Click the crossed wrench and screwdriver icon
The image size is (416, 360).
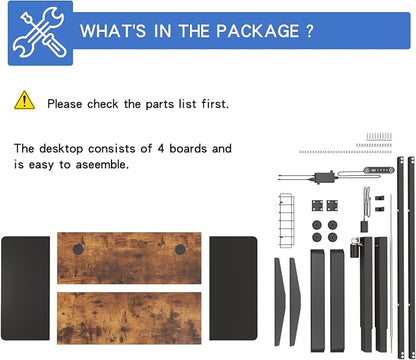[40, 33]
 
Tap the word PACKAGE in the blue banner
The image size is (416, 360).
[257, 31]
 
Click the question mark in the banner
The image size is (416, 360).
[309, 31]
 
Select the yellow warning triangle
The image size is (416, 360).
[24, 100]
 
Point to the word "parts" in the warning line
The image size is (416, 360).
[160, 104]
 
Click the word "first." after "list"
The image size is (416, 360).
[215, 104]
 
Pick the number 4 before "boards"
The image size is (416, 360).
[161, 148]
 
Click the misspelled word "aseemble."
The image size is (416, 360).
[102, 165]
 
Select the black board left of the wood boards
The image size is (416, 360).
[26, 288]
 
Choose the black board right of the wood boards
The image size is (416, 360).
[233, 288]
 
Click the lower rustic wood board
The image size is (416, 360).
[129, 318]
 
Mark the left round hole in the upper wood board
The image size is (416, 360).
[78, 249]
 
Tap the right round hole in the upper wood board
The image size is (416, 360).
[180, 249]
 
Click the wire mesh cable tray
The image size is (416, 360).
[287, 220]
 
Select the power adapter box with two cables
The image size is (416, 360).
[323, 177]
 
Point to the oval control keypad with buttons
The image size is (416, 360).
[379, 170]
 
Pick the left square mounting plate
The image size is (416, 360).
[317, 205]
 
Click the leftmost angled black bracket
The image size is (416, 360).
[279, 302]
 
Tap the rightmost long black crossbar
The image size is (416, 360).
[412, 257]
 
